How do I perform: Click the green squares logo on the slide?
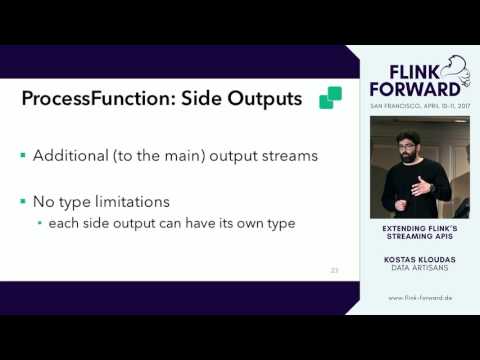330,98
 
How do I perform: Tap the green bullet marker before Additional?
23,157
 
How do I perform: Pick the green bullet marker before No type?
23,202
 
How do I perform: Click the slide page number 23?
335,269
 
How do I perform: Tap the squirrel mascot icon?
455,74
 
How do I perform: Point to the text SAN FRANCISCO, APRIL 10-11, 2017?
419,104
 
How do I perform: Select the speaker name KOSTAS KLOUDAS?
419,258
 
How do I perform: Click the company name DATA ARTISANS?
419,267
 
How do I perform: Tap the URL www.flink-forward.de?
419,297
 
